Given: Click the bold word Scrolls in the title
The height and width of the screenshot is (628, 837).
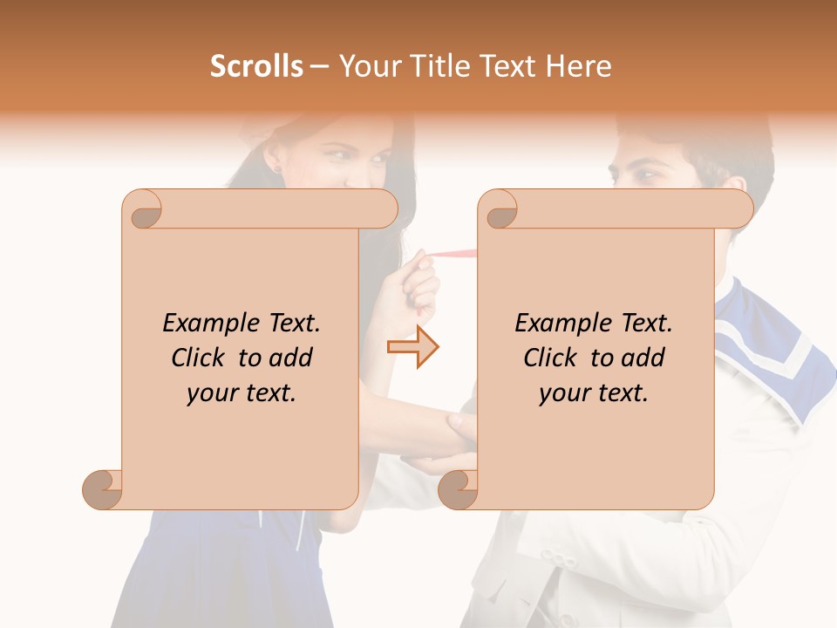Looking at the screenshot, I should pos(257,66).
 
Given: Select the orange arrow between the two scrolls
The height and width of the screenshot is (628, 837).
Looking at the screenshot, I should pos(413,347).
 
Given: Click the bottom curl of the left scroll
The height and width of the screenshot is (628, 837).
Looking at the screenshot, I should pos(103,489).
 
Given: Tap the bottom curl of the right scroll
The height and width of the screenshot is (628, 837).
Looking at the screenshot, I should pos(458,489).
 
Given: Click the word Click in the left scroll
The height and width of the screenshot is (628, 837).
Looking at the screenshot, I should pos(201,358).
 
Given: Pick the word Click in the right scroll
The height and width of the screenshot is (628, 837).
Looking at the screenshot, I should pos(552,358).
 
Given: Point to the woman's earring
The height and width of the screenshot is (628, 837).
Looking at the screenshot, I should pos(277,167).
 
